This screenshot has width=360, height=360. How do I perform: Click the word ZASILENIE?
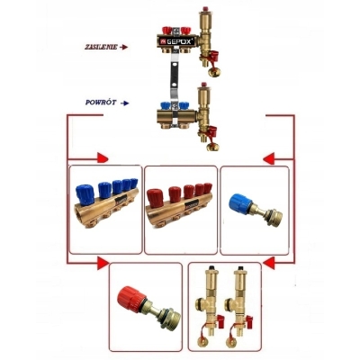(x=100, y=47)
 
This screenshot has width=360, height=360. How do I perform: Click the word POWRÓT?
(x=101, y=103)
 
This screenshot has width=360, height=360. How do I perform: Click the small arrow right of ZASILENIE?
(x=124, y=47)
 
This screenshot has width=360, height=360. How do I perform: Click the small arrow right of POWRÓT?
(x=125, y=103)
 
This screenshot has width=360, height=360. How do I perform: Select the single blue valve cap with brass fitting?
(x=256, y=208)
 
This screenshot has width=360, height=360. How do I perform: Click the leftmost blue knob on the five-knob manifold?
(x=85, y=196)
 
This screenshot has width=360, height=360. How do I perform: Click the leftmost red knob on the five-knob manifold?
(x=157, y=198)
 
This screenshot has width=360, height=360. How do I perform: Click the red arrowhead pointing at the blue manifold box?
(x=103, y=157)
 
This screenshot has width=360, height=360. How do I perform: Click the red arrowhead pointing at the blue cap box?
(x=269, y=158)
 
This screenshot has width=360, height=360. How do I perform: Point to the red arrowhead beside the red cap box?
(x=103, y=263)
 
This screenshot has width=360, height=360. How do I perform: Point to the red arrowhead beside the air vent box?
(x=269, y=263)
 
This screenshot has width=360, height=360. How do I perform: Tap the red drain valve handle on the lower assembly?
(x=212, y=131)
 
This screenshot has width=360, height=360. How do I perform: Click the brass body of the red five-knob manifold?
(x=177, y=211)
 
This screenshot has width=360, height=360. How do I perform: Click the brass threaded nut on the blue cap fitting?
(x=275, y=215)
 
